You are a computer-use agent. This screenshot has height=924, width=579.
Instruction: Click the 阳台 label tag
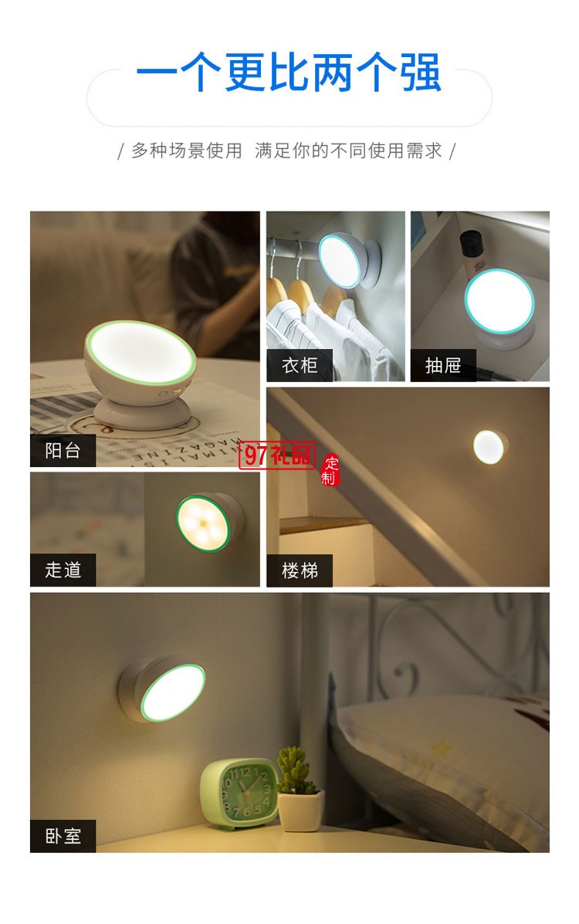pyautogui.click(x=63, y=451)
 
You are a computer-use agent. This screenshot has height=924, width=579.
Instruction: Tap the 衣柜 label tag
pyautogui.click(x=300, y=365)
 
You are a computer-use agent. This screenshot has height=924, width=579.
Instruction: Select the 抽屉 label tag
pyautogui.click(x=442, y=365)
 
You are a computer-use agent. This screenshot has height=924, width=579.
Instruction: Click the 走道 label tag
pyautogui.click(x=63, y=570)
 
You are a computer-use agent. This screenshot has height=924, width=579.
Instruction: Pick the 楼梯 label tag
pyautogui.click(x=300, y=570)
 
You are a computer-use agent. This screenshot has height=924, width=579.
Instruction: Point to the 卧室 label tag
pyautogui.click(x=63, y=836)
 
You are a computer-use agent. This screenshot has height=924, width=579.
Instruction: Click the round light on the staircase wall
pyautogui.click(x=489, y=447)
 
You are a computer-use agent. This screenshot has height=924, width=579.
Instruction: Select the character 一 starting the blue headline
pyautogui.click(x=159, y=73)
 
